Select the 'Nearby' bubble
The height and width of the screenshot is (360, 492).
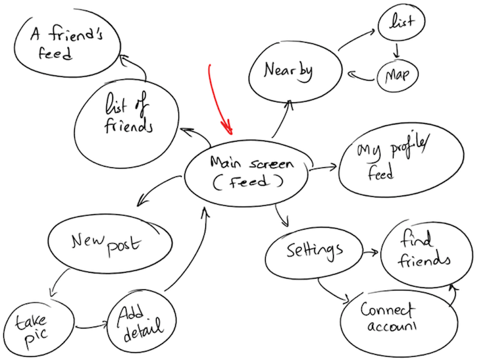(295, 71)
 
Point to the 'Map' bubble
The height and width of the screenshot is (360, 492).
(398, 76)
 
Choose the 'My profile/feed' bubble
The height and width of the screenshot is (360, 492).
(401, 161)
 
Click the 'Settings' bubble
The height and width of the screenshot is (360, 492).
(314, 252)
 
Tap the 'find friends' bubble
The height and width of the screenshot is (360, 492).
(427, 254)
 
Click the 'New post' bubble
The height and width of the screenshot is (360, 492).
(110, 243)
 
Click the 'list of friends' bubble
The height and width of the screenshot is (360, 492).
(127, 123)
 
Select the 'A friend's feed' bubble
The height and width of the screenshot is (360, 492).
(67, 43)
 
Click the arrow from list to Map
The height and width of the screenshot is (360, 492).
(398, 50)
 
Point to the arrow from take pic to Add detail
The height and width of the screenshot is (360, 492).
(92, 327)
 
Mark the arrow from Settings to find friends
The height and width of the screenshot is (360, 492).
(371, 252)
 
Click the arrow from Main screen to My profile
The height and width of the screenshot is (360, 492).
(323, 168)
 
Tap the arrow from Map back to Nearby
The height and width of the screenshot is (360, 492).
(361, 77)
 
